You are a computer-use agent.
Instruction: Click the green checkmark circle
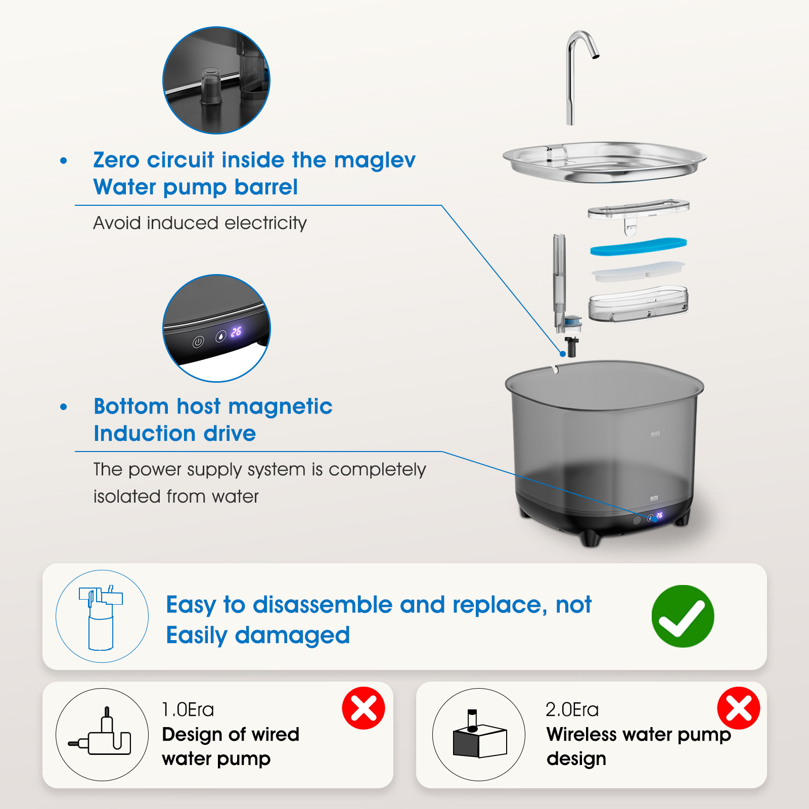(683, 616)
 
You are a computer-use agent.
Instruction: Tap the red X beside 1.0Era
(364, 708)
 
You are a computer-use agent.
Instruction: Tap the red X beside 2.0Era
(739, 708)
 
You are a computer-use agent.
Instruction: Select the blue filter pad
(639, 247)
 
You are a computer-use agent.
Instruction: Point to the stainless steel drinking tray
(604, 162)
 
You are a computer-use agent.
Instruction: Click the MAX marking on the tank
(655, 433)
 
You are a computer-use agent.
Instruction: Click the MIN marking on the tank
(654, 498)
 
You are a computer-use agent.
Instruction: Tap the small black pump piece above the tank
(571, 346)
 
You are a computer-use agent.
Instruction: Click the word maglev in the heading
(375, 160)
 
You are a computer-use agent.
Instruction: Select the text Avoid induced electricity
(200, 223)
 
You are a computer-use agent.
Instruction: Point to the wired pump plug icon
(100, 733)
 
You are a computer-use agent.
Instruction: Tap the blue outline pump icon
(101, 617)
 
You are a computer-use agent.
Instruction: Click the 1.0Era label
(188, 709)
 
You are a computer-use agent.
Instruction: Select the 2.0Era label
(572, 709)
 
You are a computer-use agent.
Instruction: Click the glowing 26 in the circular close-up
(236, 332)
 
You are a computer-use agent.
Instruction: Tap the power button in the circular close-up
(198, 342)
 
